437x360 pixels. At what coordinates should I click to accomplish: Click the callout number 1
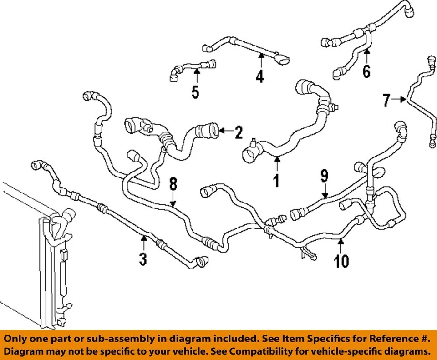click(276, 181)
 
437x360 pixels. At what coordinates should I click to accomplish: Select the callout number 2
click(239, 132)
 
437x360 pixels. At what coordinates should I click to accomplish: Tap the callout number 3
click(143, 259)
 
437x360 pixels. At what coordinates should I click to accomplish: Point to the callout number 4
click(259, 77)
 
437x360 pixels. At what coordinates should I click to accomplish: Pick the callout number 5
click(195, 92)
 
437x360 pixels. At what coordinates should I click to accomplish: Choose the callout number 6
click(366, 71)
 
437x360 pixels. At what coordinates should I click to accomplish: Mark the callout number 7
click(386, 100)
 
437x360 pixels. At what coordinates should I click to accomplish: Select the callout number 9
click(324, 175)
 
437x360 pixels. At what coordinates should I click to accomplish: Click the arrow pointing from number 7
click(400, 99)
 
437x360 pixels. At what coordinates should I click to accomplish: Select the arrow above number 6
click(366, 57)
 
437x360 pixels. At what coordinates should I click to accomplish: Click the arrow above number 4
click(261, 61)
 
